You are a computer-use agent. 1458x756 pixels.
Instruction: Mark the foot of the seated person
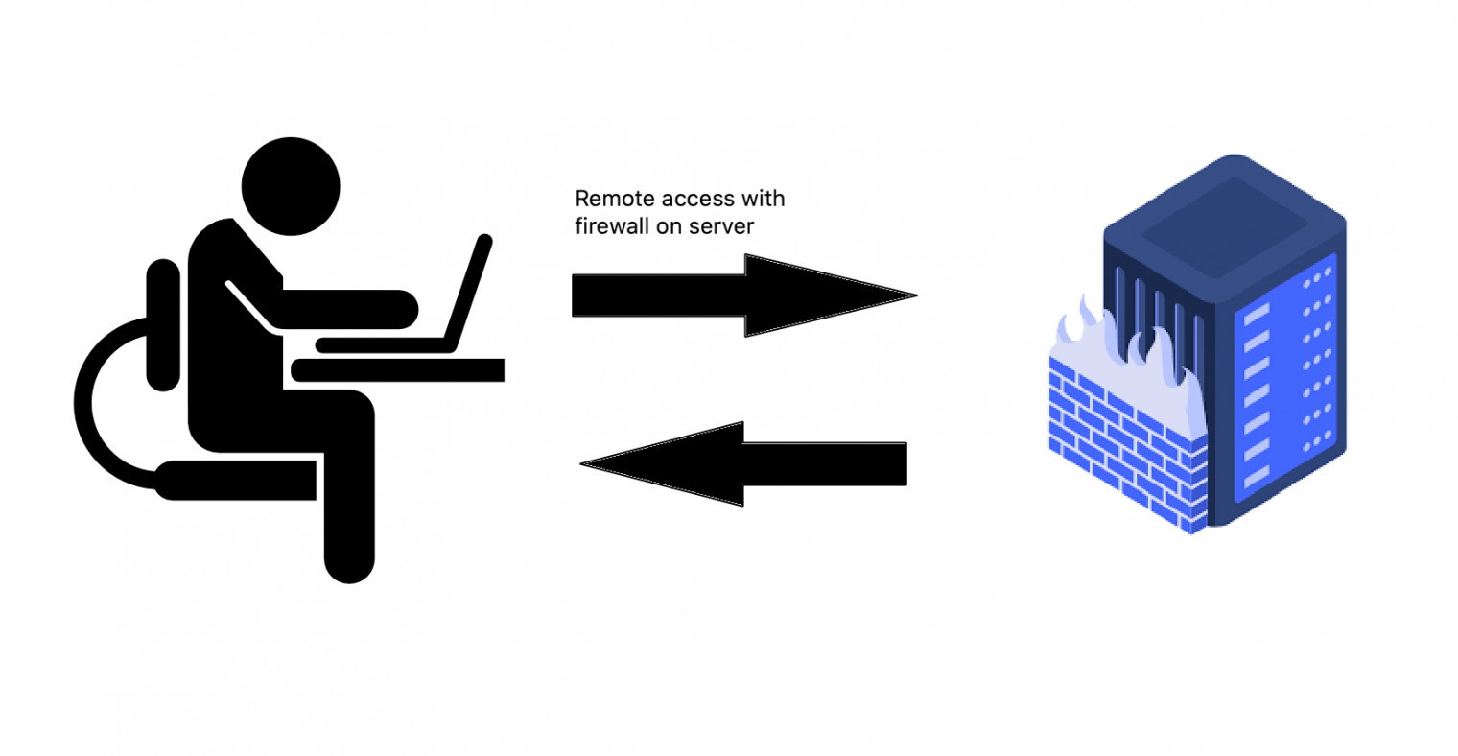349,566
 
